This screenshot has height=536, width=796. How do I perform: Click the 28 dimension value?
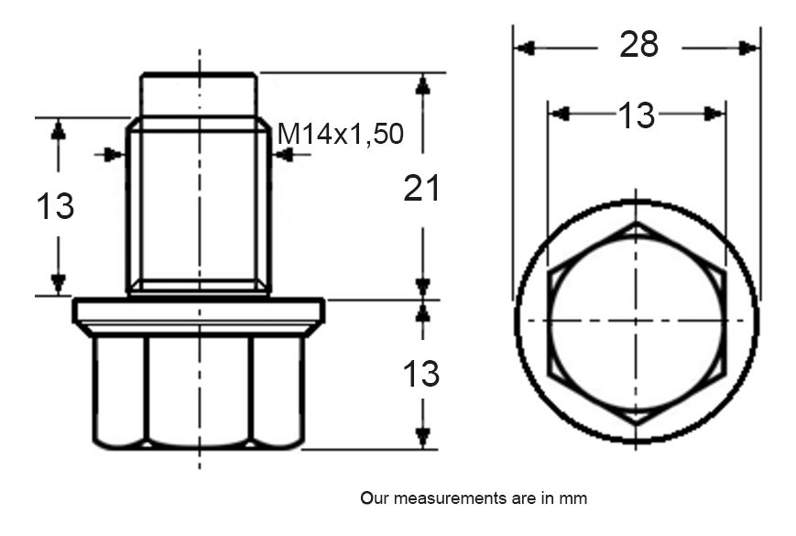[638, 44]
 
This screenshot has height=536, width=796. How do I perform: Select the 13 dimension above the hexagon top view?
[636, 115]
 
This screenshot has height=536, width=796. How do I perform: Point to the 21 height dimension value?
[422, 189]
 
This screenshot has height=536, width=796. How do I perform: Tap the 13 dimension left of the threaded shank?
[56, 206]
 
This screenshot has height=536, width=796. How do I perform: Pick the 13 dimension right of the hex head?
[422, 374]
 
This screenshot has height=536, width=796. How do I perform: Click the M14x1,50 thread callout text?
[340, 135]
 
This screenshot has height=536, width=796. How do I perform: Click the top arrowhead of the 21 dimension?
[422, 83]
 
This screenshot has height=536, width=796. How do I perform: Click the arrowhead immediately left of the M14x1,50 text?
[283, 155]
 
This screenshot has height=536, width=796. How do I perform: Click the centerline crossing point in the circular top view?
[635, 320]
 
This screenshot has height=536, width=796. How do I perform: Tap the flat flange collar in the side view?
[199, 314]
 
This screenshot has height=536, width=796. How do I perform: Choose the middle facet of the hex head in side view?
[199, 389]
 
